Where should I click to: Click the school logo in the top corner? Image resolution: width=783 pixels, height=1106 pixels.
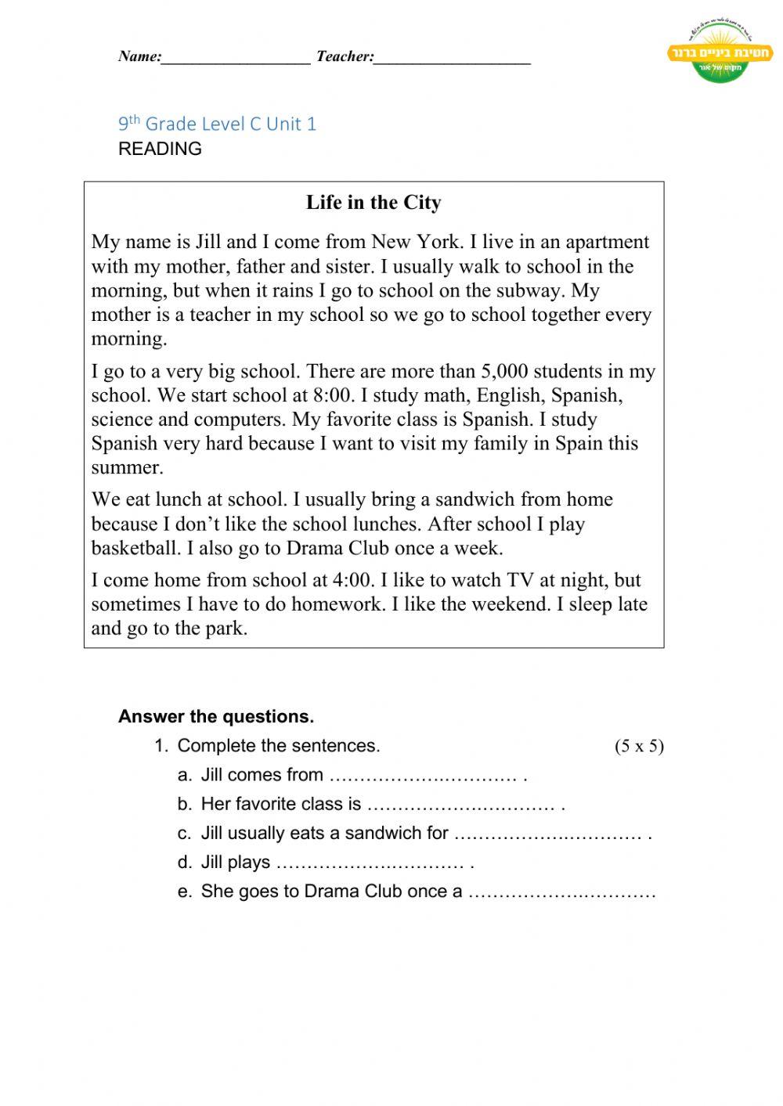(720, 52)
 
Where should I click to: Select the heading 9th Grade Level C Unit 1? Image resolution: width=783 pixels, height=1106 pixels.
(217, 124)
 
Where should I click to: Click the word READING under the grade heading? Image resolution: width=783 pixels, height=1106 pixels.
(160, 149)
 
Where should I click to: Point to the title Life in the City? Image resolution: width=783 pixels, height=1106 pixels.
(373, 203)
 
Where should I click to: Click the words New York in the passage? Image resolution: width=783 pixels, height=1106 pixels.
(415, 242)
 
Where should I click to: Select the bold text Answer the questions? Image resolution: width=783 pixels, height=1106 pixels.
(216, 716)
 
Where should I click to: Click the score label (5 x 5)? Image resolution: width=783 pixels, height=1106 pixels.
(639, 746)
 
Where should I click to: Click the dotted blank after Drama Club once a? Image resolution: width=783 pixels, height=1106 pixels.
(561, 892)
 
